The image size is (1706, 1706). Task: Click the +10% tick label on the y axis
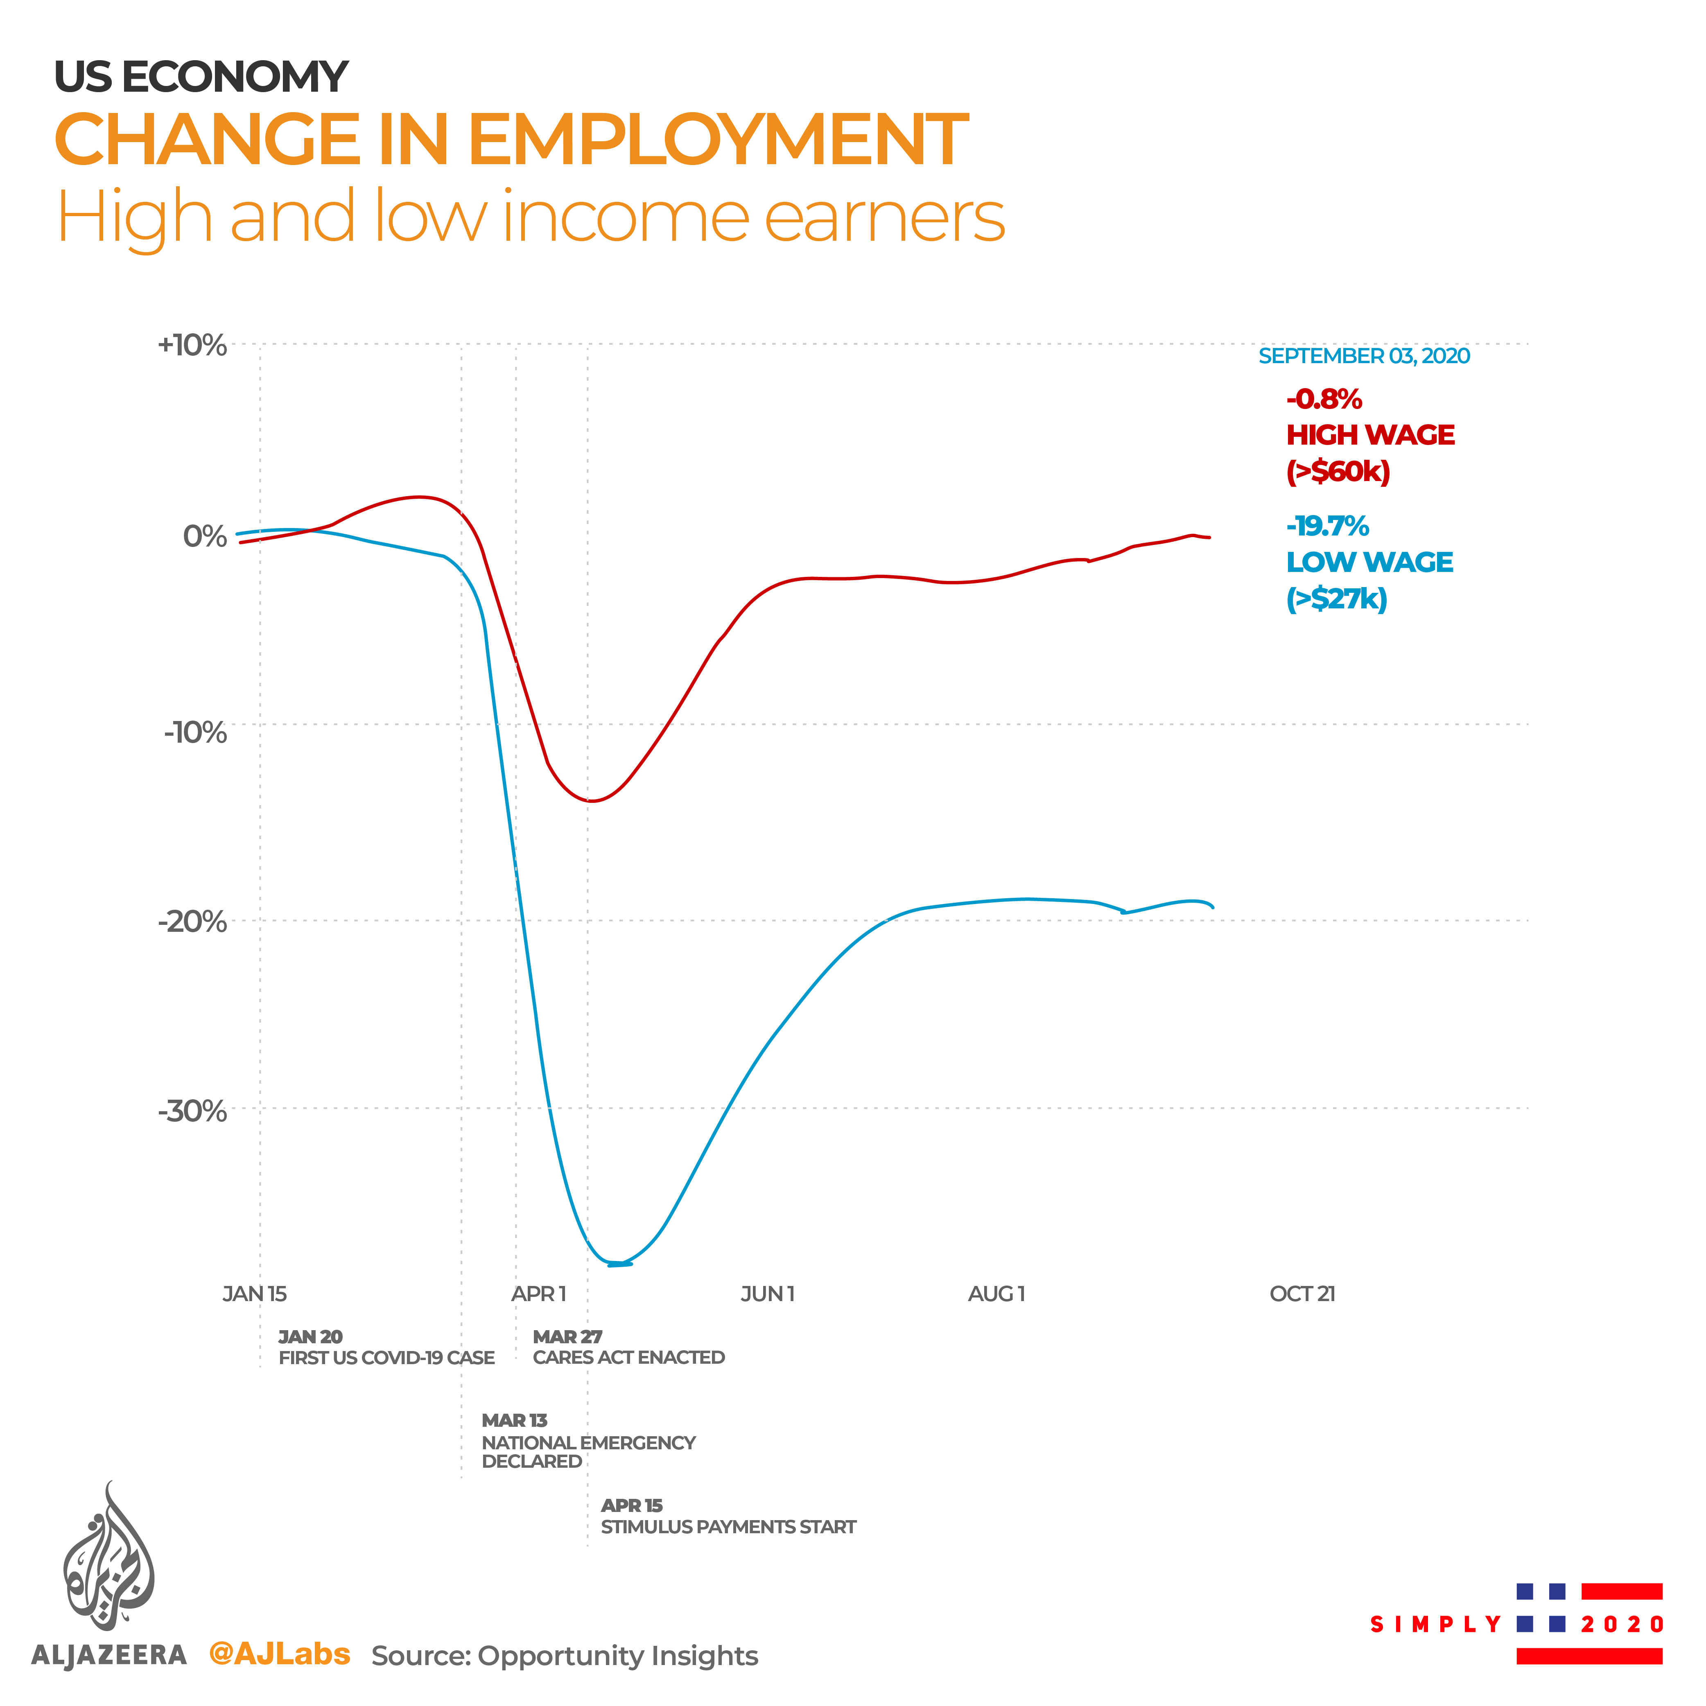192,345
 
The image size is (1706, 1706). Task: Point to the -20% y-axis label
192,922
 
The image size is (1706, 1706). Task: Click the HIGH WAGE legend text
1369,435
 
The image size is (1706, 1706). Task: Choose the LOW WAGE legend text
1369,563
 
